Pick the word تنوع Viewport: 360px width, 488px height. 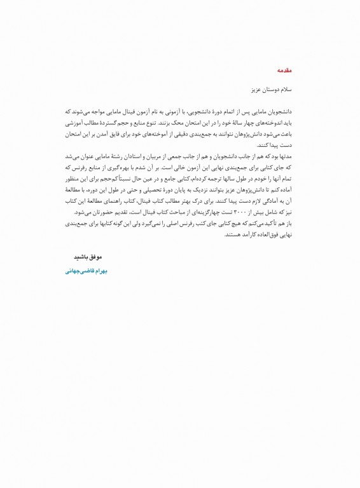[x=157, y=118]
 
